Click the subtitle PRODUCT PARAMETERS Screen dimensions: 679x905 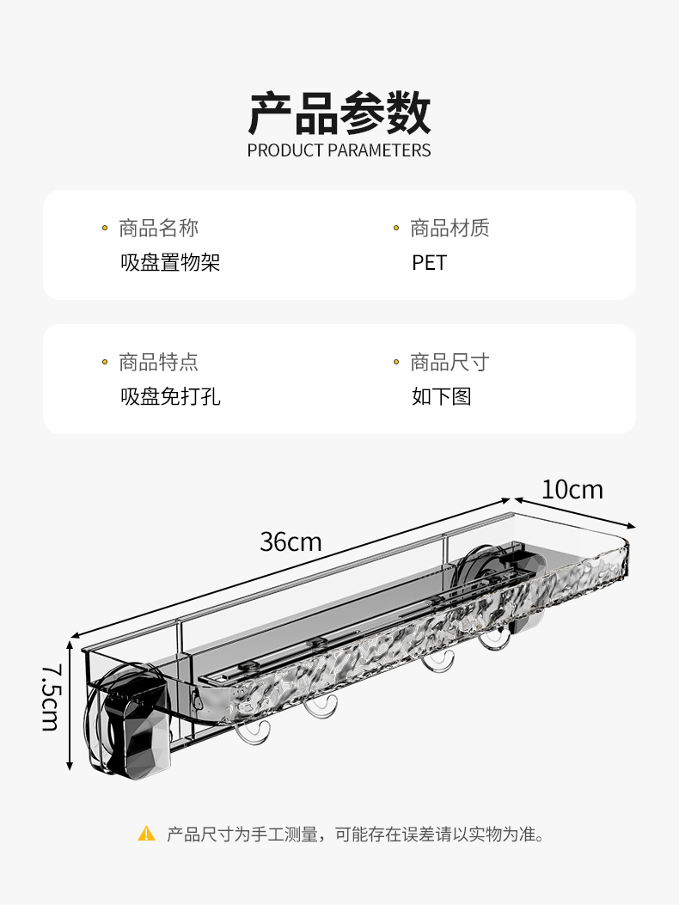[x=339, y=150]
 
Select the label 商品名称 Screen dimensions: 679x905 [x=158, y=228]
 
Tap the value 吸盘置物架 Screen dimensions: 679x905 [x=170, y=262]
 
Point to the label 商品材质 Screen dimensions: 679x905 [x=450, y=228]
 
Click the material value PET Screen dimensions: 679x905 [x=429, y=262]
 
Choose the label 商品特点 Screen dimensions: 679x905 [x=158, y=362]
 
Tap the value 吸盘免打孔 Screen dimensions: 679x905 [x=170, y=396]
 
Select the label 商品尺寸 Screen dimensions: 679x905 [x=450, y=362]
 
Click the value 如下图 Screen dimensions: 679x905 [x=441, y=396]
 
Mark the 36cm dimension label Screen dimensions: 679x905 [x=291, y=542]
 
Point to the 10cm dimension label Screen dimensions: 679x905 [x=572, y=490]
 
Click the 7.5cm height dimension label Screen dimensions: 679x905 [x=50, y=697]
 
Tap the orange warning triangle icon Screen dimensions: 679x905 [x=147, y=833]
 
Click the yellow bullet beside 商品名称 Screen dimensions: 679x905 [x=105, y=229]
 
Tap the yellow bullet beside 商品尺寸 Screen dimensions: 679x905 [x=396, y=363]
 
